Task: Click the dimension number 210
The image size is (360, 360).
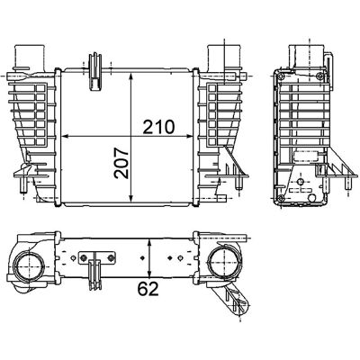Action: (x=158, y=127)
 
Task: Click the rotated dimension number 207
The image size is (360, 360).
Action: (x=121, y=163)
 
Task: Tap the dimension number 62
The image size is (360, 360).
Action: (x=148, y=289)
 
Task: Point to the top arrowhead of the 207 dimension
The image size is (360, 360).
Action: (x=130, y=76)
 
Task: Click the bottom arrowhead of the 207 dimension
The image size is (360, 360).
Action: (x=130, y=198)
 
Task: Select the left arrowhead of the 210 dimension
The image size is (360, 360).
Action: (x=65, y=136)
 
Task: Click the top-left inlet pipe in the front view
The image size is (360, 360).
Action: (x=30, y=56)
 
